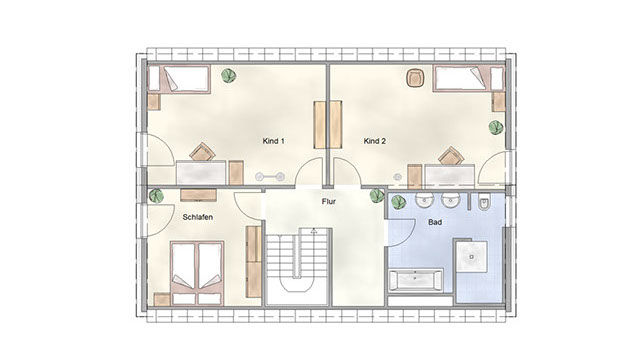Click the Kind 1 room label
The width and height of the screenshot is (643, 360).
tap(274, 141)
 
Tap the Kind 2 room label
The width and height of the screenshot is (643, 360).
tap(375, 141)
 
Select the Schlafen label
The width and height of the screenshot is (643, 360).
tap(198, 217)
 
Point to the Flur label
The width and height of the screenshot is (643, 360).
tap(329, 201)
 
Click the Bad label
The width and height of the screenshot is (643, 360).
tap(435, 222)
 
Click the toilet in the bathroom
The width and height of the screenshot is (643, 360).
tap(484, 203)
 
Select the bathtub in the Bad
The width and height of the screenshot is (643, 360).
tap(415, 280)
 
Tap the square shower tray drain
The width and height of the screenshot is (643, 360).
tap(472, 257)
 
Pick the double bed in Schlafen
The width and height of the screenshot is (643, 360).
tap(197, 273)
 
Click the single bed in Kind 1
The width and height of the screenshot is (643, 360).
tap(179, 79)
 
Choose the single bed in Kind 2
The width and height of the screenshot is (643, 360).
tap(468, 78)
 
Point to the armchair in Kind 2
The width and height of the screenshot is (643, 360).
tap(415, 78)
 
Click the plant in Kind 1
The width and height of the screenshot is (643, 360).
tap(228, 75)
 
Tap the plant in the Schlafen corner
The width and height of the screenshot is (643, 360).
tap(156, 196)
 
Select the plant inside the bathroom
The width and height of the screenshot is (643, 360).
tap(398, 202)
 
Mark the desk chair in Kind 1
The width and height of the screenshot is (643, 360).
tap(202, 152)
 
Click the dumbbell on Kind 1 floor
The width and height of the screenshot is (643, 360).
tap(270, 177)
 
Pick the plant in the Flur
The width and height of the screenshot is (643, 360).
tap(377, 196)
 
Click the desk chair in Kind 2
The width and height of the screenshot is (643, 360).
tap(451, 156)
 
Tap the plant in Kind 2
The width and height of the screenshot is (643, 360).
tap(496, 128)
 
